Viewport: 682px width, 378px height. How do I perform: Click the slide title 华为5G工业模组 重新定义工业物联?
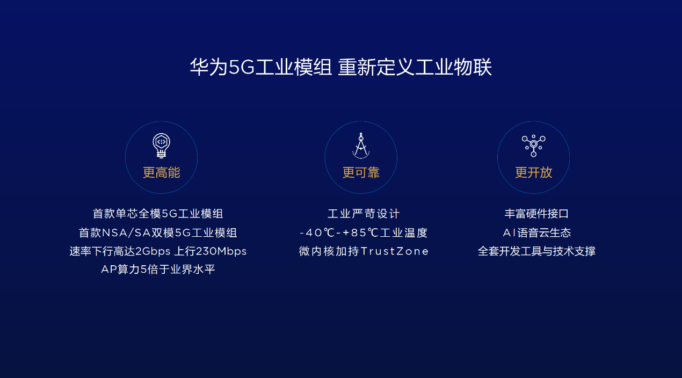(340, 67)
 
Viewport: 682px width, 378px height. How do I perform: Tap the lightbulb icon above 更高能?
(161, 146)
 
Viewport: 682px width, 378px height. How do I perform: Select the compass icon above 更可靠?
(361, 146)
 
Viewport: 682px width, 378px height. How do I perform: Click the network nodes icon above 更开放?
(533, 146)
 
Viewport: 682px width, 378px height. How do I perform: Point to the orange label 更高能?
(161, 172)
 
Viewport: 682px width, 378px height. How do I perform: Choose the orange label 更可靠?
(361, 172)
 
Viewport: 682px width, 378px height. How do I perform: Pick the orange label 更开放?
(533, 172)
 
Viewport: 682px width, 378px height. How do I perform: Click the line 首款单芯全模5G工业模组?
(158, 214)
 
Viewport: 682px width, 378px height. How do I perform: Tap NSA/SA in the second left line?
(126, 233)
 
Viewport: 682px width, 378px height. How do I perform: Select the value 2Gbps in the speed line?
(153, 251)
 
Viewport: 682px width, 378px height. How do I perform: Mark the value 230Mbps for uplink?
(221, 251)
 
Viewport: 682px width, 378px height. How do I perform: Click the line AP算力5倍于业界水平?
(158, 270)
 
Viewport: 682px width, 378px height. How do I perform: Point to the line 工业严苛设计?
(364, 214)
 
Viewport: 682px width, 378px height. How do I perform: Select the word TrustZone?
(395, 251)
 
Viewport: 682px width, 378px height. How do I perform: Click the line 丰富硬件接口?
(536, 214)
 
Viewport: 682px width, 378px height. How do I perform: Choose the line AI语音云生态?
(536, 233)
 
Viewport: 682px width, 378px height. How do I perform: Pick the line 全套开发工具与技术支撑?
(536, 251)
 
